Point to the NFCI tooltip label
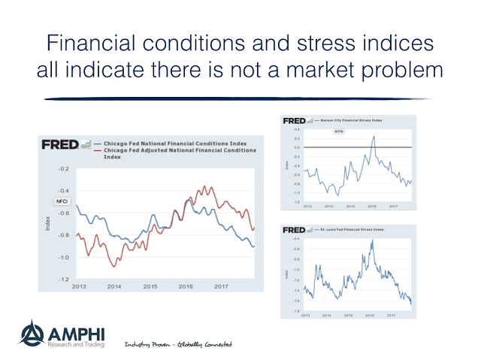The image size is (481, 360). pos(62,201)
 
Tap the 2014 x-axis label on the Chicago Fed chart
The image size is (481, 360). pos(113,286)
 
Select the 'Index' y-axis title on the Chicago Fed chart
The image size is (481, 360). pos(47,224)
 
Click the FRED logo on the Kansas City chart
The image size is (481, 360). pos(293,120)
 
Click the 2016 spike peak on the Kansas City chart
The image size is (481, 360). pos(374,136)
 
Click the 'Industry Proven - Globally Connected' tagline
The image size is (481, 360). pos(177,344)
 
